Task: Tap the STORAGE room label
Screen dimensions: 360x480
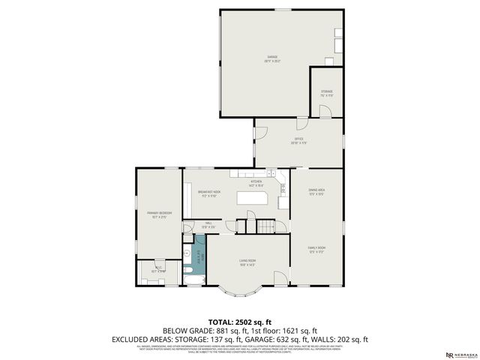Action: coord(327,93)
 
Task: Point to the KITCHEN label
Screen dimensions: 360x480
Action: coord(256,183)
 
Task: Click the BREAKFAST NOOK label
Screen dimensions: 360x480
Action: coord(209,193)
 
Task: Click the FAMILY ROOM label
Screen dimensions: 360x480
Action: coord(316,249)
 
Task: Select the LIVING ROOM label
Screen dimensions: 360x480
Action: coord(248,262)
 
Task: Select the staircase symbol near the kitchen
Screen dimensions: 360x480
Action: coord(266,225)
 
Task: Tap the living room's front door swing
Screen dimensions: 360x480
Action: coord(279,278)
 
